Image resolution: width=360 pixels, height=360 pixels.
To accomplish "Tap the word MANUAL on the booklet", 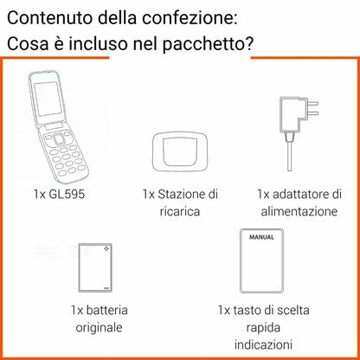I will (261, 235).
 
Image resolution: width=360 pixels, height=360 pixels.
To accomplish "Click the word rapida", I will (264, 327).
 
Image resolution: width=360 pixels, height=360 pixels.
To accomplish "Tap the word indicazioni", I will (264, 345).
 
